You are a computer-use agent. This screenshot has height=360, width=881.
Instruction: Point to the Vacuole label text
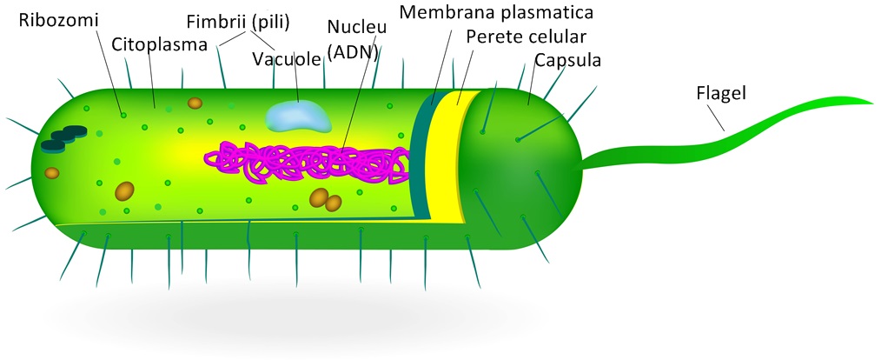coord(286,59)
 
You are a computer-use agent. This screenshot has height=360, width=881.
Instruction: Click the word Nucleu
coord(357,27)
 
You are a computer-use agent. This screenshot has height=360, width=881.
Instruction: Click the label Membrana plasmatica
coord(496,13)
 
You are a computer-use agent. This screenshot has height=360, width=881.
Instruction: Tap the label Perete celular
coord(526,37)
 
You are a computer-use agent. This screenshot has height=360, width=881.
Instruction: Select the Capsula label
coord(568,60)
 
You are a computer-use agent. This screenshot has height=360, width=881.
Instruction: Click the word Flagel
coord(721,92)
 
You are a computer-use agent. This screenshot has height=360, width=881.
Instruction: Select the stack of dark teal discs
coord(63,137)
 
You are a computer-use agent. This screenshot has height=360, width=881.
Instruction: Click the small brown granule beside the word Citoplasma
coord(195,103)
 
